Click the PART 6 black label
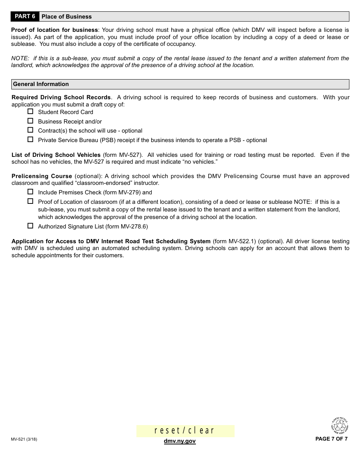point(25,16)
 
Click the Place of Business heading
point(67,17)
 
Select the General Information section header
point(41,84)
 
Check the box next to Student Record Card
point(30,112)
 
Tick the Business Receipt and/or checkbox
point(30,121)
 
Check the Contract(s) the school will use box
point(30,130)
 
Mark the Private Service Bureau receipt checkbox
point(30,140)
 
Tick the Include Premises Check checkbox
point(30,192)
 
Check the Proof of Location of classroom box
point(30,202)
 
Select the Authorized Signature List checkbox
point(30,226)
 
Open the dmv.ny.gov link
point(180,441)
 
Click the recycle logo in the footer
point(339,425)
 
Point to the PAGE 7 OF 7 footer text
point(331,439)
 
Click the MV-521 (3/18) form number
point(24,439)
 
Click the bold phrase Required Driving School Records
point(61,97)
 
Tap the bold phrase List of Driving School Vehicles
point(56,155)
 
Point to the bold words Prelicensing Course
point(42,176)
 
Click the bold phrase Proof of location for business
point(55,30)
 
